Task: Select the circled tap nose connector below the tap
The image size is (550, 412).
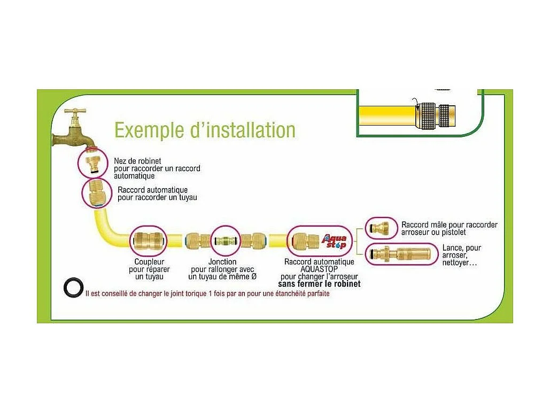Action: (x=94, y=162)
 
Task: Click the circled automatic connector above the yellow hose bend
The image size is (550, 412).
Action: (x=97, y=192)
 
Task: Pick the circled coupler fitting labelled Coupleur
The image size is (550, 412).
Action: (x=149, y=241)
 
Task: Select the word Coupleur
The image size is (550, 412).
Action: (x=149, y=262)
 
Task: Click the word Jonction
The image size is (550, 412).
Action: (x=222, y=262)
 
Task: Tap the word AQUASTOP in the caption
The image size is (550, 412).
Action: (x=319, y=269)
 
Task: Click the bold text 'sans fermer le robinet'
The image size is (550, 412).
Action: (x=319, y=284)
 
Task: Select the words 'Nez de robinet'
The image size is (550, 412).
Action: (x=137, y=161)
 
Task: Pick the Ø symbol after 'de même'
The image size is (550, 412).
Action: (x=254, y=276)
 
